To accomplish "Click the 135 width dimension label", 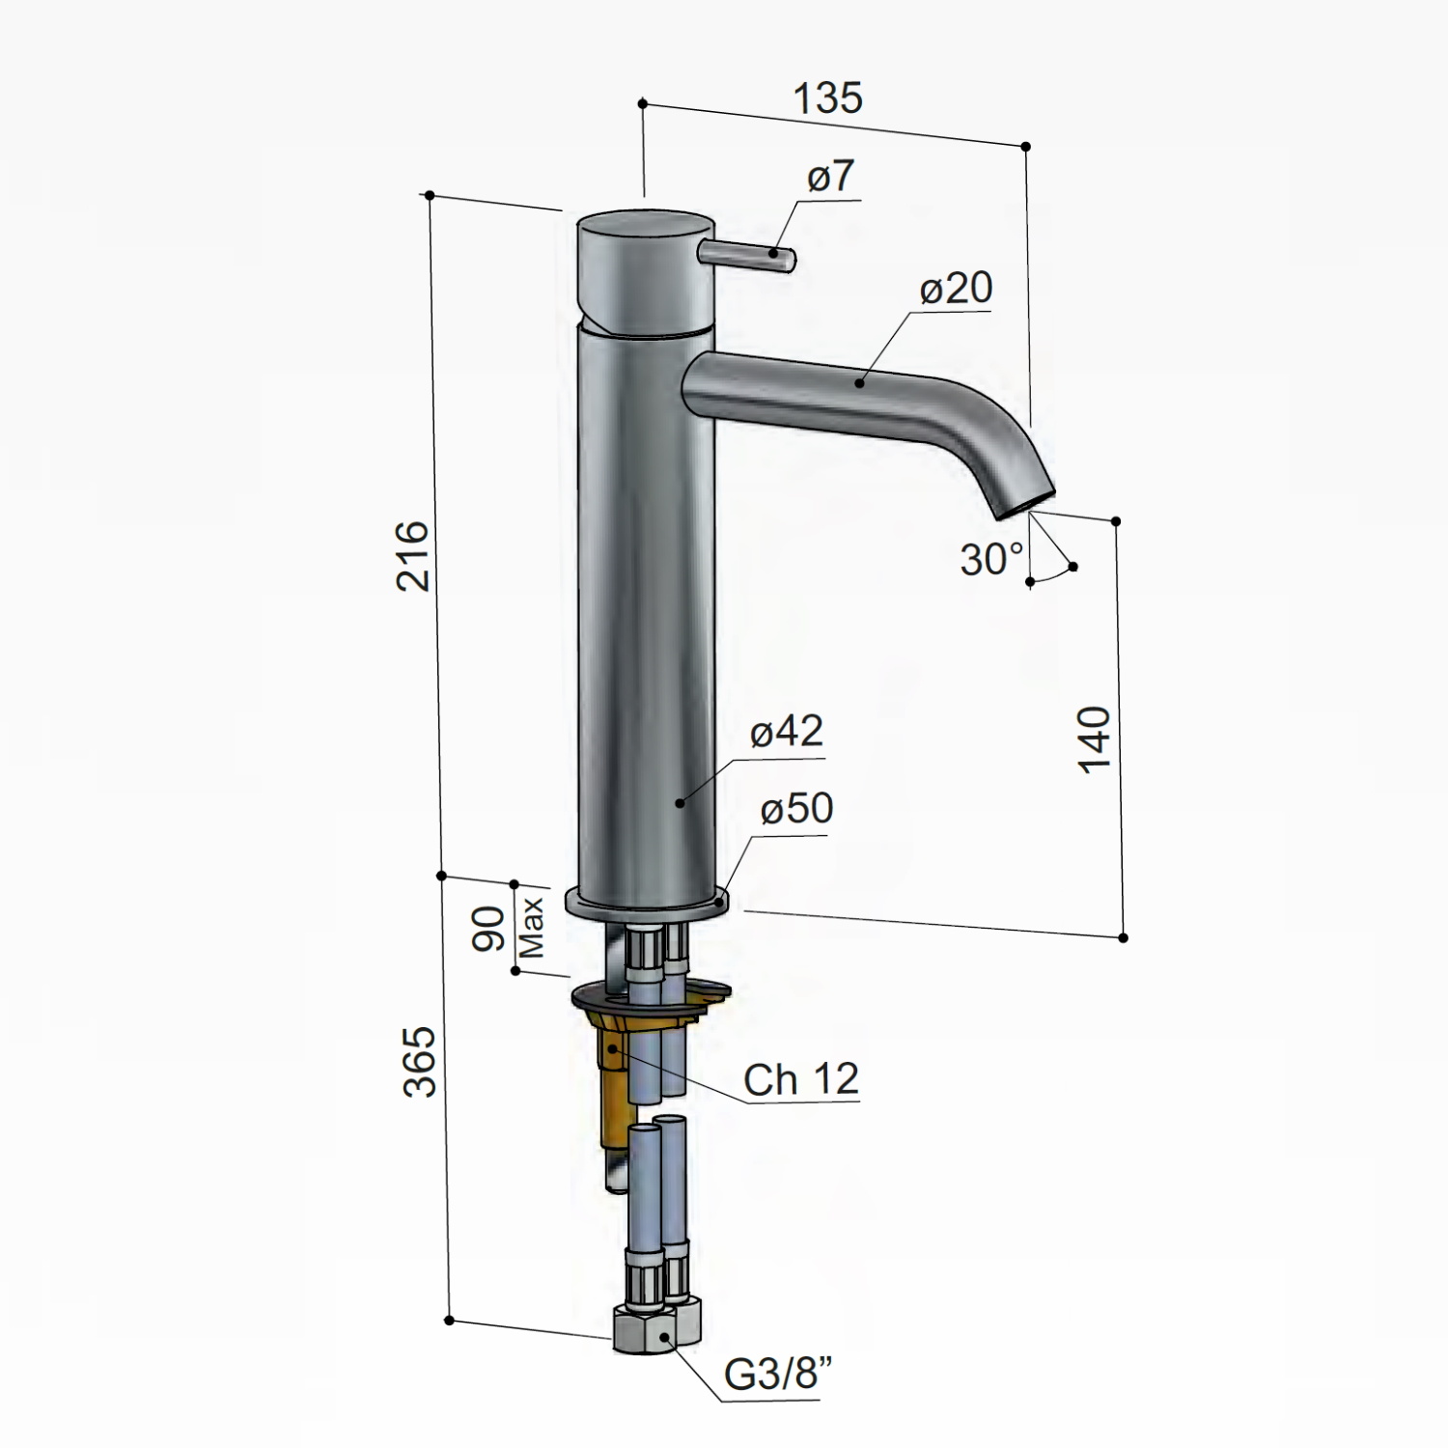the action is pos(827,98).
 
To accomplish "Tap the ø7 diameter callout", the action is pos(831,178).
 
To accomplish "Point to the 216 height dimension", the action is pos(412,556).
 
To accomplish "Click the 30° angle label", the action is pos(992,559).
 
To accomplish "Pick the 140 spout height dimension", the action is pos(1094,739).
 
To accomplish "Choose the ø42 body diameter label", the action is pos(787,732).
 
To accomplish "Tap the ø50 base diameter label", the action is pos(796,808).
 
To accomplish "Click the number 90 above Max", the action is pos(489,929).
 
